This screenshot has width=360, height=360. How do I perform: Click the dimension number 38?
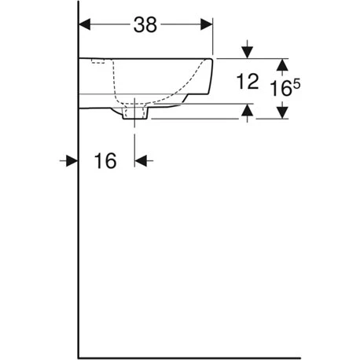point(145,25)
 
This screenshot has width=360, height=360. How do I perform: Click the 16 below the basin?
point(105,161)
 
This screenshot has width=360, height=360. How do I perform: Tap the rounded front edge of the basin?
point(210,79)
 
